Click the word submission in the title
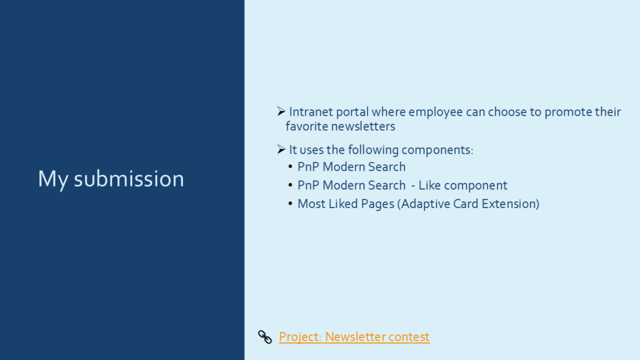(x=129, y=179)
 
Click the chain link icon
(x=265, y=337)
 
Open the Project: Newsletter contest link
(x=354, y=337)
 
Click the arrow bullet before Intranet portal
(x=281, y=111)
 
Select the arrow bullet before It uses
(x=281, y=149)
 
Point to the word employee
(x=436, y=112)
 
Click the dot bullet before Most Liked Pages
(x=290, y=203)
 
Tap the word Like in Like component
(x=429, y=185)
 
